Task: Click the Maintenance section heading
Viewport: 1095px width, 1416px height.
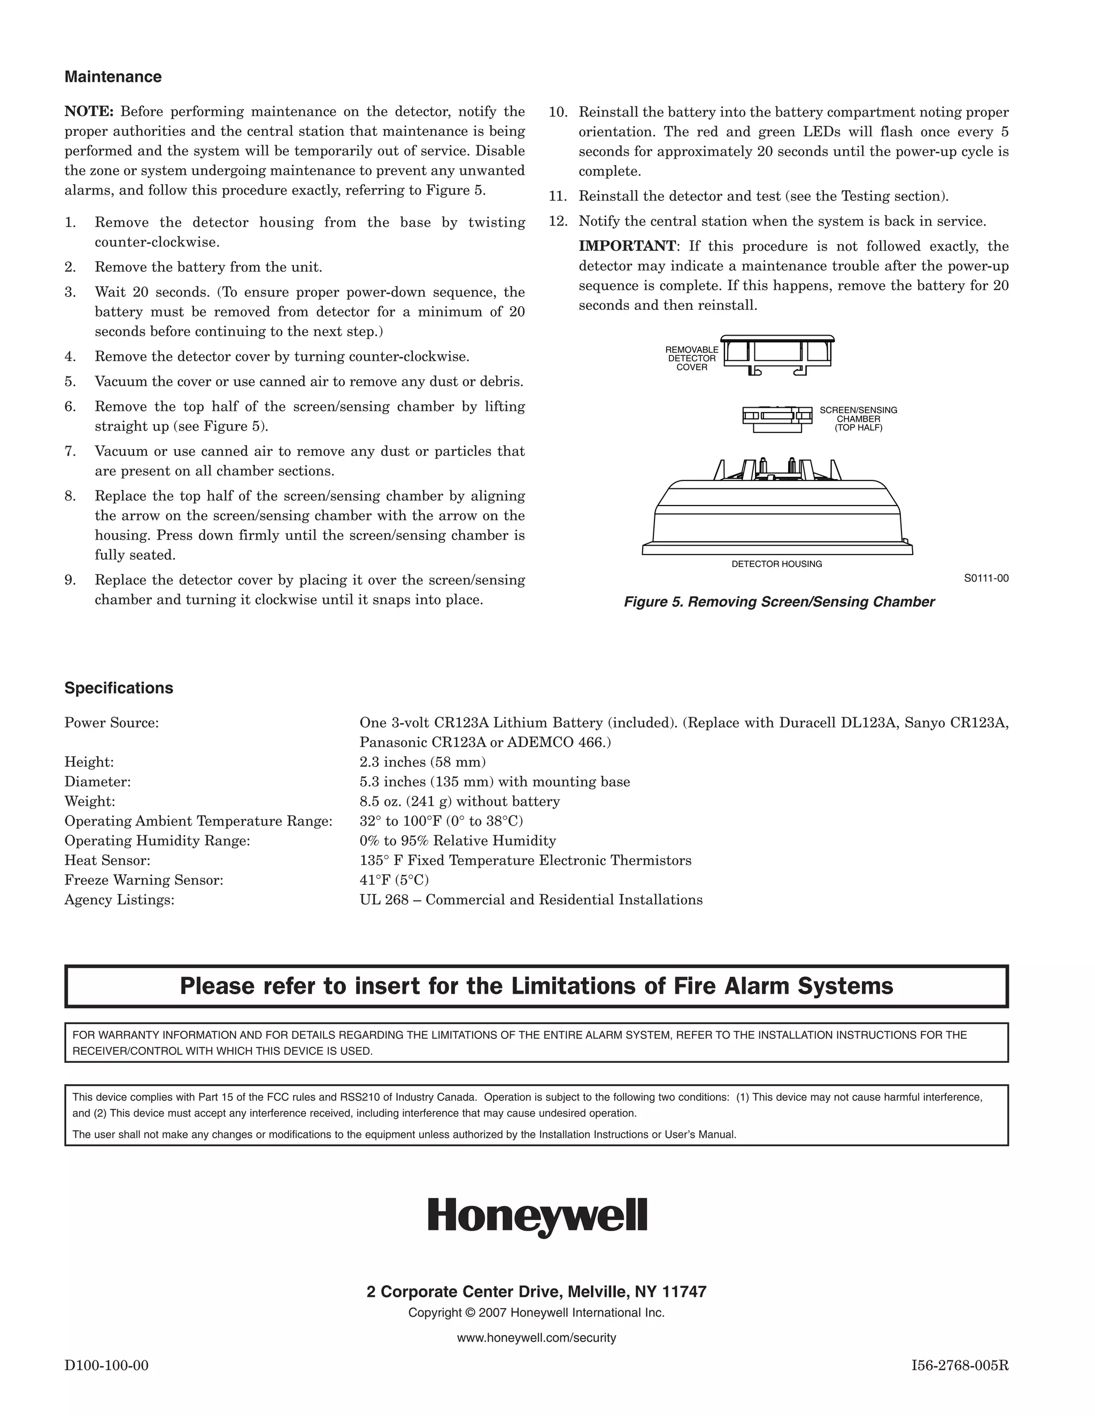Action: (x=113, y=77)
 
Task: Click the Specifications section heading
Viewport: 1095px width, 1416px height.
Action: (x=119, y=688)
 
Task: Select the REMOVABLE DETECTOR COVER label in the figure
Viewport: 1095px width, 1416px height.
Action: (x=691, y=359)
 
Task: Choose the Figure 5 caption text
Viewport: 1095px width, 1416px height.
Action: (x=778, y=602)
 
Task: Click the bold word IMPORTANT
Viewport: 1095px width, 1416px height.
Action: (x=627, y=246)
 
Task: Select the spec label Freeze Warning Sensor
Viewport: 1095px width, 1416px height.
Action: (x=143, y=880)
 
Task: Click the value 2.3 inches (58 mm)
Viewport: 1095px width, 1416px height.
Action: (x=422, y=762)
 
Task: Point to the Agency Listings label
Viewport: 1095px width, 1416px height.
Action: (x=119, y=900)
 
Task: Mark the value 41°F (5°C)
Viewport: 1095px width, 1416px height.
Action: (x=394, y=880)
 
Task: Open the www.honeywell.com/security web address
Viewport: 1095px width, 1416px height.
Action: (x=536, y=1337)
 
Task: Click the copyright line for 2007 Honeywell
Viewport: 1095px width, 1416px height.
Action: (x=536, y=1313)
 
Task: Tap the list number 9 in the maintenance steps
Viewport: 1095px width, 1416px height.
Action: (x=70, y=580)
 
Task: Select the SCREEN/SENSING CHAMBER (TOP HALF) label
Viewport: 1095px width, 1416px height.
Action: (x=858, y=419)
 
